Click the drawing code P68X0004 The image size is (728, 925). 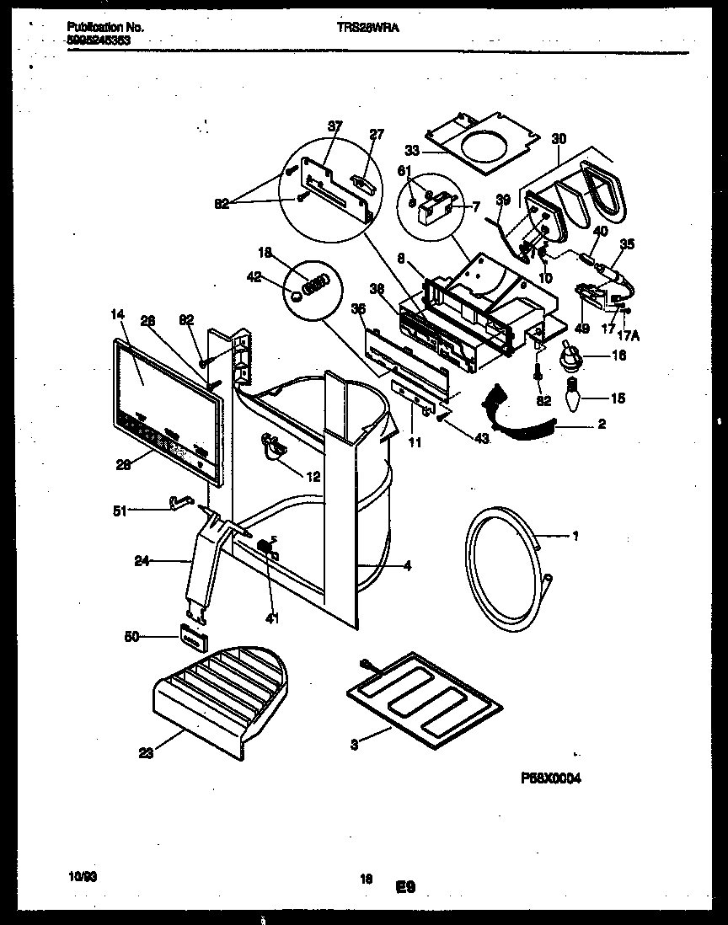coord(545,778)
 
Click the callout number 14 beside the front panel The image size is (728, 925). coord(116,314)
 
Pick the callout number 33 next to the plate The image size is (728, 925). coord(412,152)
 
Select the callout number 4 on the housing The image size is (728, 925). coord(407,566)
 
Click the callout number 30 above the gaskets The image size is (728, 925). coord(559,138)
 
